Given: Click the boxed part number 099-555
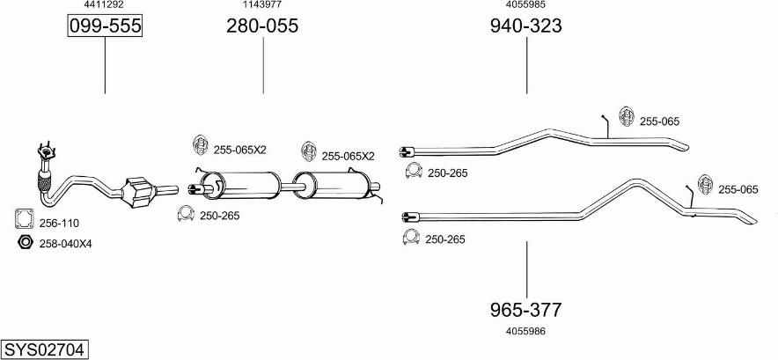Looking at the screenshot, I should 105,26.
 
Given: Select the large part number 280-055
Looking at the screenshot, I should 262,26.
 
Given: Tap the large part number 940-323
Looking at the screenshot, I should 525,26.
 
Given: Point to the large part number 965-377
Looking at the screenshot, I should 525,310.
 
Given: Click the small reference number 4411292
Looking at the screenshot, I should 104,5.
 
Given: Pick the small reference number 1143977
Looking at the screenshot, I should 261,5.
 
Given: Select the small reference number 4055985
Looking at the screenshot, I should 525,5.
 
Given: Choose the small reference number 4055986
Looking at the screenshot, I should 525,331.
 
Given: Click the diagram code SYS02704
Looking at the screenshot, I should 43,349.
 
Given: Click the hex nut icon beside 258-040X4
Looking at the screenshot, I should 25,243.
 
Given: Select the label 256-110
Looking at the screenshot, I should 59,224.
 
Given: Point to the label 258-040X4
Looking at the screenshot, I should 65,244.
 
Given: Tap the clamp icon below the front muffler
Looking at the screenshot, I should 186,213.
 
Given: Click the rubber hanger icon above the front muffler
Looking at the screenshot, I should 201,146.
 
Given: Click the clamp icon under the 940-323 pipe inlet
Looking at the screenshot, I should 413,171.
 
